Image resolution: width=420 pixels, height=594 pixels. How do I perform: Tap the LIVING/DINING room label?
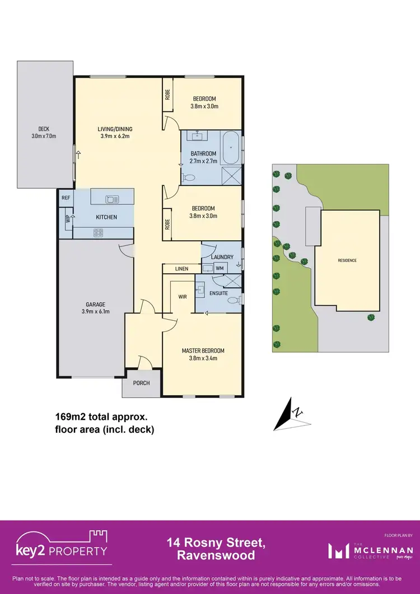(116, 129)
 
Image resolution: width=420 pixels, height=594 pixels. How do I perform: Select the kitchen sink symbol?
(112, 199)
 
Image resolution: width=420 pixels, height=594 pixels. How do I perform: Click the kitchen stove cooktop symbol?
(99, 232)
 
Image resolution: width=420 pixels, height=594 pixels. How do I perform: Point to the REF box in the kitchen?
(66, 198)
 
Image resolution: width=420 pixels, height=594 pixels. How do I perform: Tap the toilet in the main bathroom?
(189, 177)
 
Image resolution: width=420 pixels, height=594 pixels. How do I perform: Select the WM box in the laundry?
(220, 269)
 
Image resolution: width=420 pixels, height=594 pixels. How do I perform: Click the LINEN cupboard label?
(181, 269)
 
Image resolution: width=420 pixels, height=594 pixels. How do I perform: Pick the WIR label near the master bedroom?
(182, 297)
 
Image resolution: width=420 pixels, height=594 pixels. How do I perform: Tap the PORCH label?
(141, 383)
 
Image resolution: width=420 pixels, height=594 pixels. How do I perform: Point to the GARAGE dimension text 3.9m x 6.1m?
(95, 311)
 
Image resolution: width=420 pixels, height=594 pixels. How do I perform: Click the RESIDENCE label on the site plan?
(347, 260)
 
